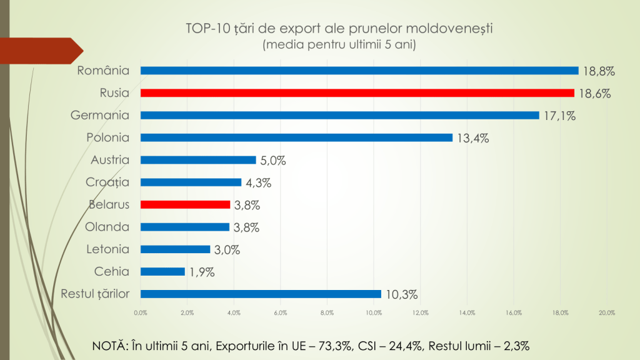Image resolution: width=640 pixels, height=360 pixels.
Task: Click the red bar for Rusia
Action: [357, 93]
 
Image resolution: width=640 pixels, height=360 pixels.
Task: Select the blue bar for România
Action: [359, 71]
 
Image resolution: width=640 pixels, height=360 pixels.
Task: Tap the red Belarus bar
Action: [186, 204]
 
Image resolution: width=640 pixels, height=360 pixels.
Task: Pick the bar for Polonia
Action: [296, 137]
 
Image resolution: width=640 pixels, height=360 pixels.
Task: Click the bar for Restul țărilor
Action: [261, 294]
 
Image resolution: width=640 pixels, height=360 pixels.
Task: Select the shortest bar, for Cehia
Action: [162, 271]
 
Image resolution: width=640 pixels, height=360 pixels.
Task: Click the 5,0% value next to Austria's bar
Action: [272, 161]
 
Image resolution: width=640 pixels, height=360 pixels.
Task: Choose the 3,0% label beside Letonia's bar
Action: [226, 250]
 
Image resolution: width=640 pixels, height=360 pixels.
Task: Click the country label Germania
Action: [100, 116]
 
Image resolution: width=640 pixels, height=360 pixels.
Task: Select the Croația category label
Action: [106, 182]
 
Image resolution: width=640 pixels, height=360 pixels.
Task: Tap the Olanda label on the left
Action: [107, 227]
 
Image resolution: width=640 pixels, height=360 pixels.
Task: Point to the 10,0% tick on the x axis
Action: [374, 312]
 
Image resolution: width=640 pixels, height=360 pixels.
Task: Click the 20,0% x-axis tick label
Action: [607, 312]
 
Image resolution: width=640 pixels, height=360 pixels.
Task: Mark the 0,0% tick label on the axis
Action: [141, 312]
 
